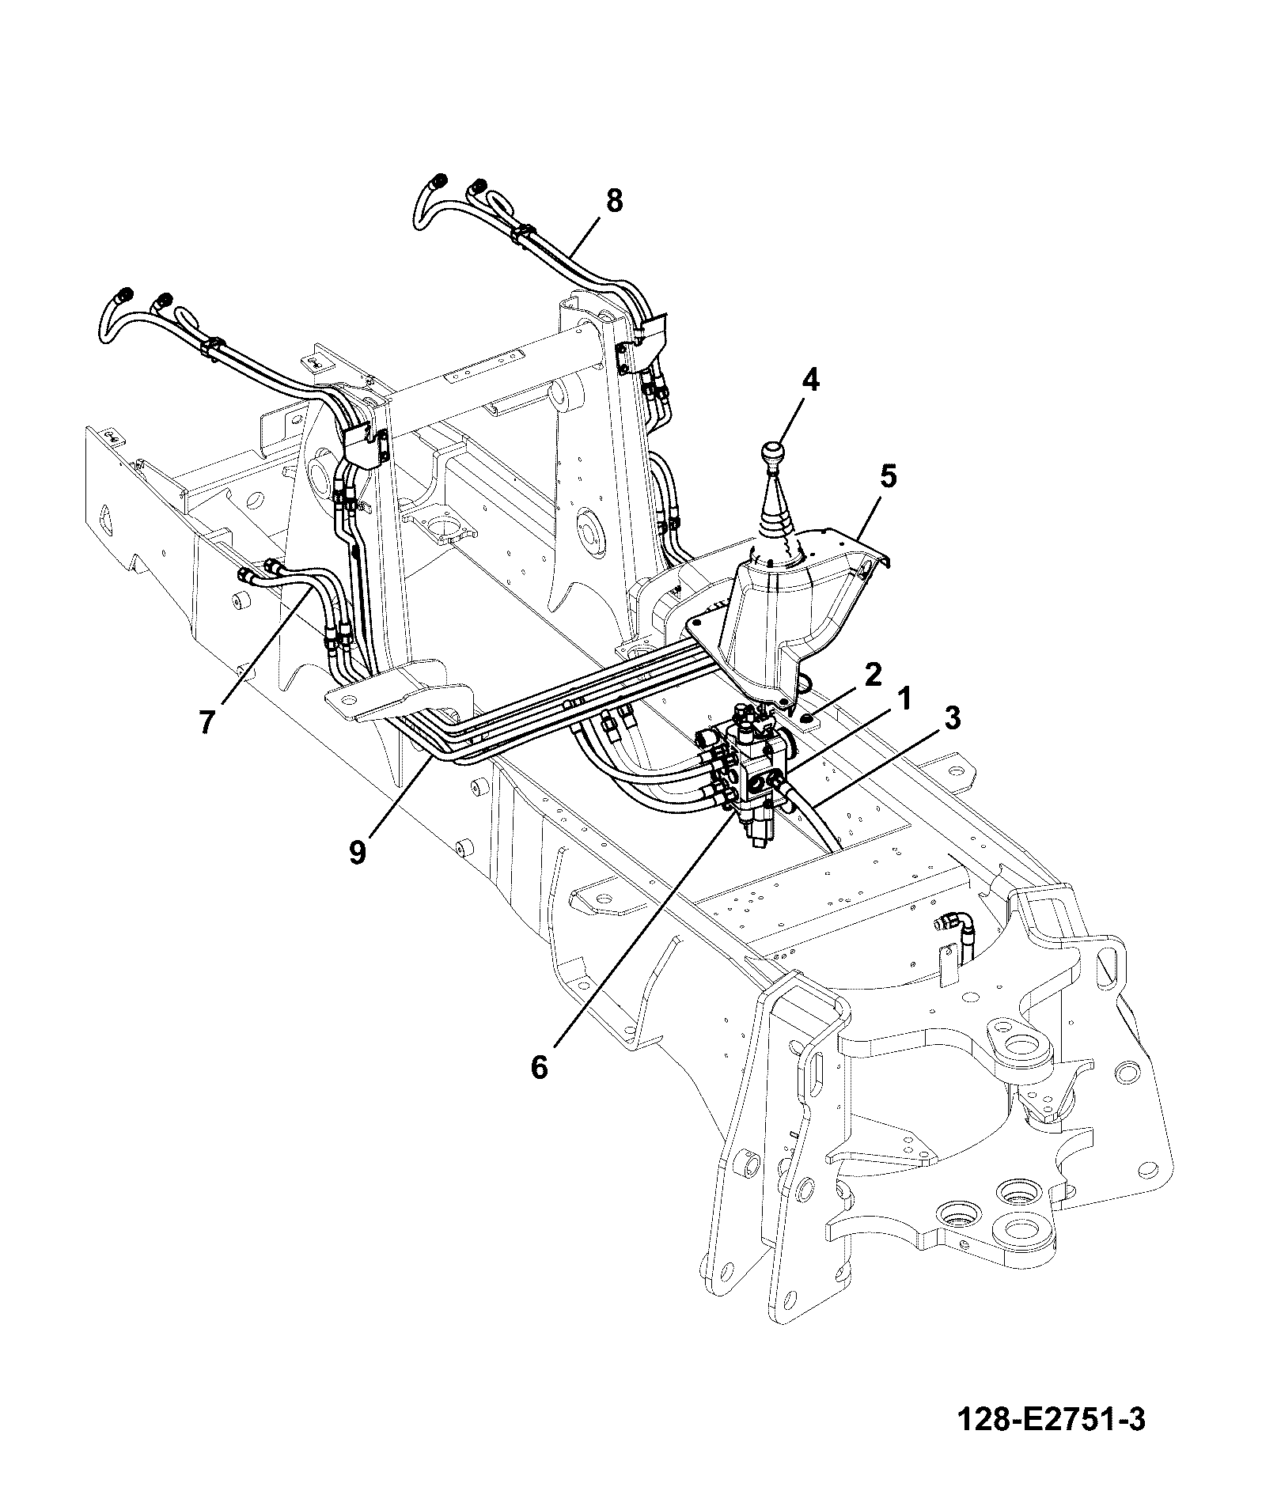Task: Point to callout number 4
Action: click(809, 380)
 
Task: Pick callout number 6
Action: click(539, 1067)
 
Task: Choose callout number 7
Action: click(207, 721)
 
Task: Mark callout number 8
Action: click(614, 201)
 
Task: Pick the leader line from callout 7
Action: click(266, 647)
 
